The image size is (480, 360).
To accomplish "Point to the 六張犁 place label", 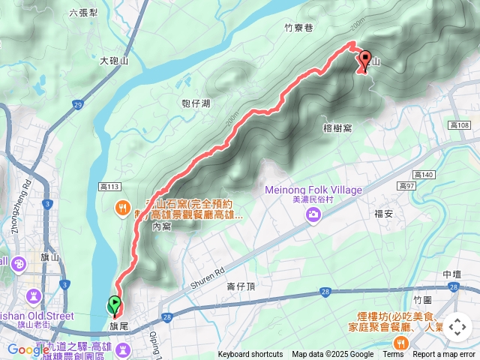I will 83,13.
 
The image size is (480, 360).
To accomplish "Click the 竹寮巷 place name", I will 298,27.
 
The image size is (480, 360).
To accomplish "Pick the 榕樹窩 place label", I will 337,129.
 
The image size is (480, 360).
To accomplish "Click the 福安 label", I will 384,213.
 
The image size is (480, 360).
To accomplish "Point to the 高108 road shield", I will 458,124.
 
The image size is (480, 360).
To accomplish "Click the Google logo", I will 28,349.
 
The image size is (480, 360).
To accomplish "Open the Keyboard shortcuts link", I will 250,355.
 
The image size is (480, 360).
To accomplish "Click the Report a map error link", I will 444,355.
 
